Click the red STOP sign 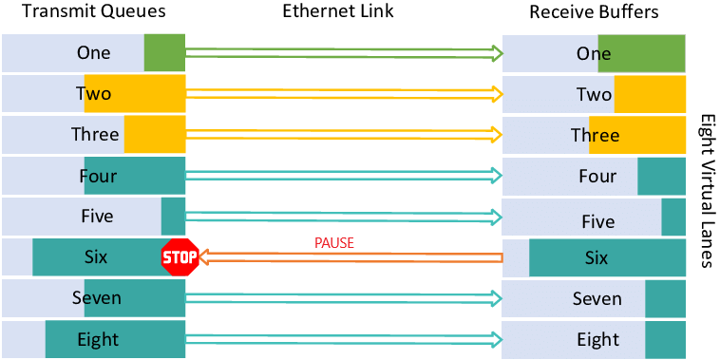(x=180, y=256)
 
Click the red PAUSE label (x=333, y=243)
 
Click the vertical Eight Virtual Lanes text (x=705, y=191)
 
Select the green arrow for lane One (x=343, y=53)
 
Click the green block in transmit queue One (x=164, y=53)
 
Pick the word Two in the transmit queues (x=93, y=94)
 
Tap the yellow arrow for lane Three (x=343, y=135)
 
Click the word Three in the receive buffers (x=595, y=136)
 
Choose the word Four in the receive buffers (x=597, y=177)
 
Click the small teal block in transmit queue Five (x=173, y=217)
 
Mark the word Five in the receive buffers (x=597, y=222)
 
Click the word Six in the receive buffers (x=596, y=257)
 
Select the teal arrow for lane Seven (x=343, y=298)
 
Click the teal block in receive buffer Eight (x=665, y=339)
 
